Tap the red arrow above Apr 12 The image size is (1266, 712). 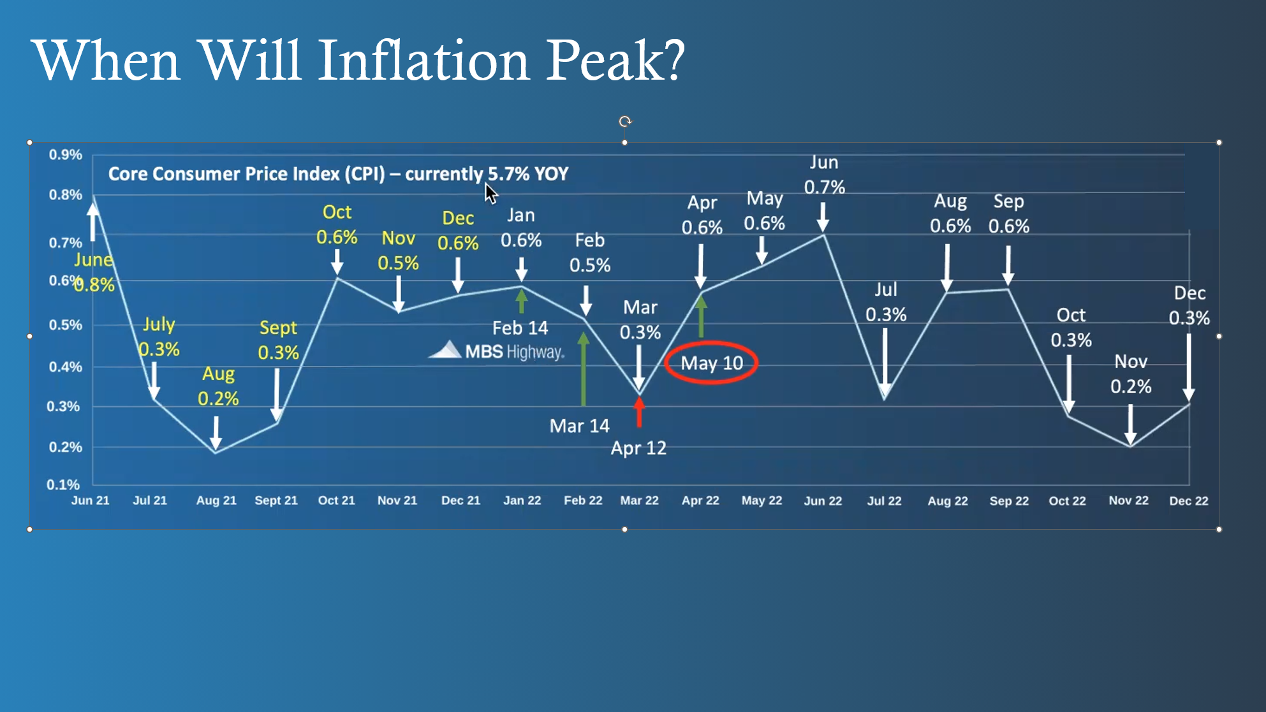639,412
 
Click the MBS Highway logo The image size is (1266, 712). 497,351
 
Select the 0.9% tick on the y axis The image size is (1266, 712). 65,155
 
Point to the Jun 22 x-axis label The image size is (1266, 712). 823,500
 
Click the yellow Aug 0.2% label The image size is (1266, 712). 218,386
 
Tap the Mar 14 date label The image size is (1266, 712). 579,426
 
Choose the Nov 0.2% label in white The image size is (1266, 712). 1131,374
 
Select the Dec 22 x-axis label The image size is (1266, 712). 1188,500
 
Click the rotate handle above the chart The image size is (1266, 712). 625,121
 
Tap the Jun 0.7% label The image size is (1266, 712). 824,175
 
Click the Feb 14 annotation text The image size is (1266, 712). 520,328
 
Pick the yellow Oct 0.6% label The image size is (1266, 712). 337,224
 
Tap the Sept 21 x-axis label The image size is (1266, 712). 276,500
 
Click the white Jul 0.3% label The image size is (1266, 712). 886,302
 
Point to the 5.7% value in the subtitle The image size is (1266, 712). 508,174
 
